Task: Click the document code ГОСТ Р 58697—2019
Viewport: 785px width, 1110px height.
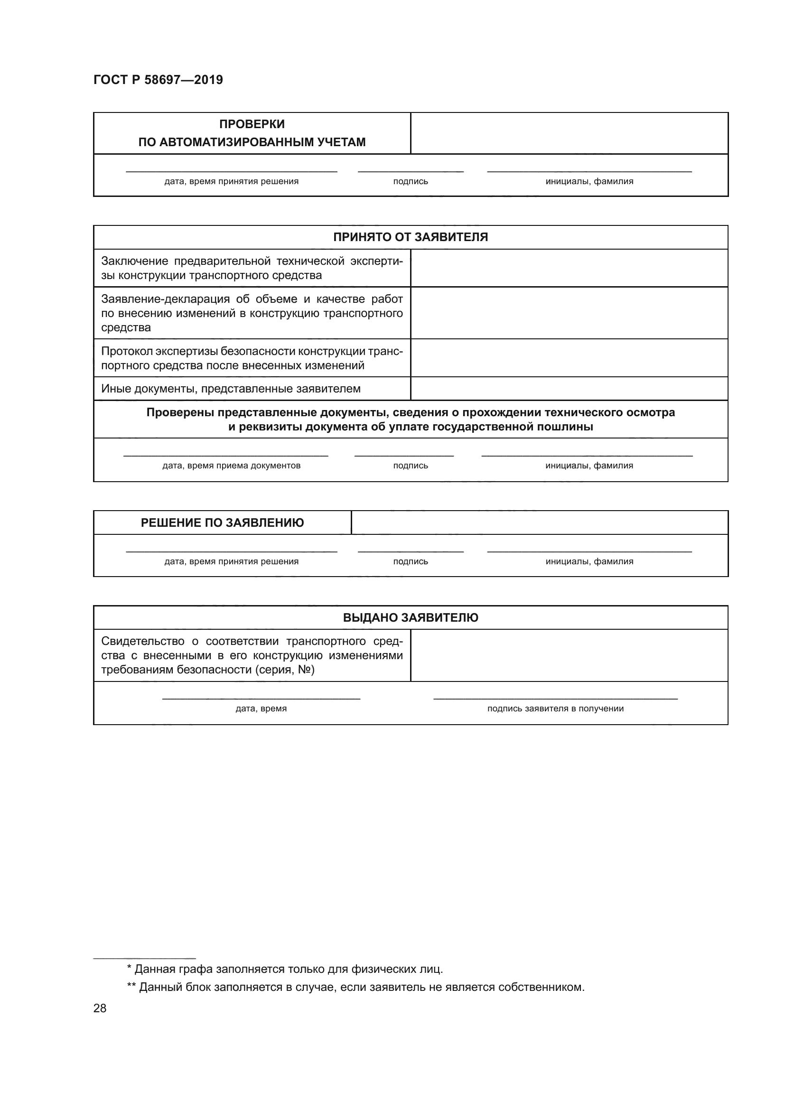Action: (158, 80)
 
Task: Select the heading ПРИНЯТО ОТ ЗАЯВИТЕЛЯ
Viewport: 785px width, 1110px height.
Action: (411, 237)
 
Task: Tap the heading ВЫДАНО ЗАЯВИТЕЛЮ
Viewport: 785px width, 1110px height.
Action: (411, 617)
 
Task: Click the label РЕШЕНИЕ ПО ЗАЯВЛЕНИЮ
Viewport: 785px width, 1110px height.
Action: (222, 522)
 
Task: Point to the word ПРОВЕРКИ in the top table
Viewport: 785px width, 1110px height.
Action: (252, 124)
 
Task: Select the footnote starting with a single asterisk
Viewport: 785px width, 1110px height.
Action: (285, 969)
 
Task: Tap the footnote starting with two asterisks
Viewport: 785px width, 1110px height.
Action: (356, 987)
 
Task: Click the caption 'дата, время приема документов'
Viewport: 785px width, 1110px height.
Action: (231, 466)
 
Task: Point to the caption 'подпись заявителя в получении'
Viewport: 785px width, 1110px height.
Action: (555, 708)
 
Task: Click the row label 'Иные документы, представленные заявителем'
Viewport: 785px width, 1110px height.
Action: (231, 389)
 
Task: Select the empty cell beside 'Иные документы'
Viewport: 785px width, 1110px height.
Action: (569, 389)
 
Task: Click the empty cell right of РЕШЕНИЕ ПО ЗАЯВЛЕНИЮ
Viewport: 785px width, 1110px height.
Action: (539, 522)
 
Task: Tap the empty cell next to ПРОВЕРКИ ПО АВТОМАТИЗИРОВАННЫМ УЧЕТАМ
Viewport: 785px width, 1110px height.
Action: (569, 133)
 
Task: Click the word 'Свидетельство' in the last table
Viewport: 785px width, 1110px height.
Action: (142, 641)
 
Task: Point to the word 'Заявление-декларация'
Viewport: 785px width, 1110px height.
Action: (165, 299)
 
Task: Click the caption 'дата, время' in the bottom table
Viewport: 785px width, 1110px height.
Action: (261, 708)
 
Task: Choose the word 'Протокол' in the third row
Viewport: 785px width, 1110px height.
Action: (127, 351)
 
